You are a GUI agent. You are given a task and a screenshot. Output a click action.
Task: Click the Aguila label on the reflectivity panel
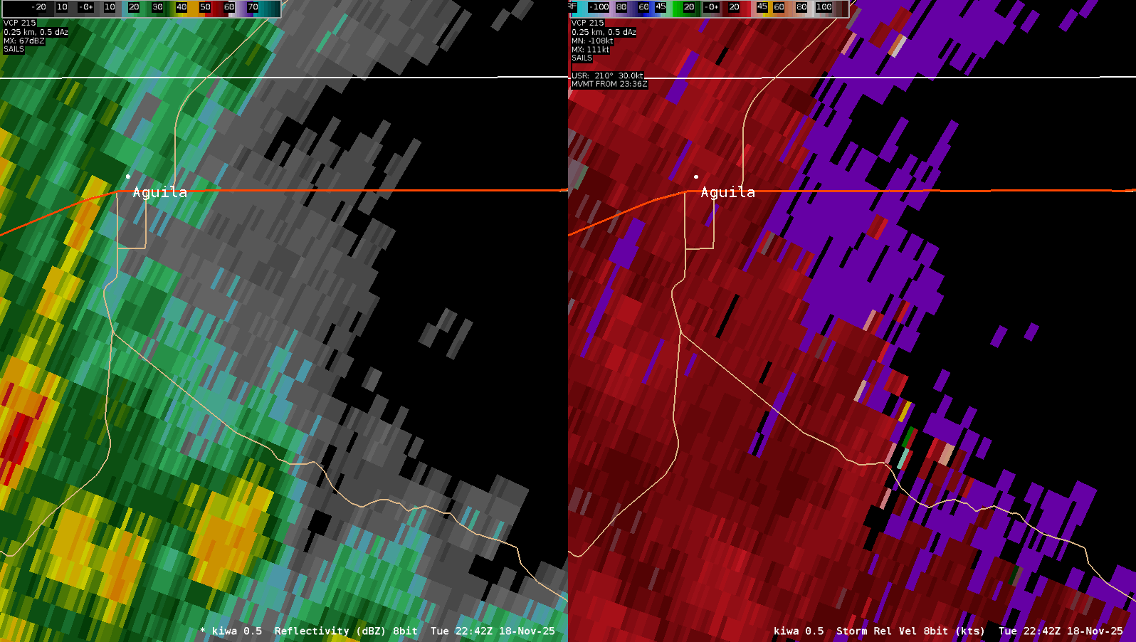coord(159,192)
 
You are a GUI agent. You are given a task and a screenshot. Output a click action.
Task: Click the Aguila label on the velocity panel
coord(727,192)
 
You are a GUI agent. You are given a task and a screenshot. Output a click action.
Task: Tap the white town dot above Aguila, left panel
coord(128,176)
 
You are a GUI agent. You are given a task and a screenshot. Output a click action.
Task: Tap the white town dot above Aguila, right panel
coord(696,177)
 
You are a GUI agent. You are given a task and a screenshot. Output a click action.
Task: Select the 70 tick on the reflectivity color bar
coord(253,7)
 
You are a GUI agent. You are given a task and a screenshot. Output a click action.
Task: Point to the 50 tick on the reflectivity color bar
coord(205,7)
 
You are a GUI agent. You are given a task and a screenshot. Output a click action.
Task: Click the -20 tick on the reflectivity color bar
coord(38,7)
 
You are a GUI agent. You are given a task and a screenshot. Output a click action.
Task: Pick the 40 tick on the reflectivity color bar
coord(182,7)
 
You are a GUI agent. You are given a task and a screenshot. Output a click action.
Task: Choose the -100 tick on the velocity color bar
coord(599,7)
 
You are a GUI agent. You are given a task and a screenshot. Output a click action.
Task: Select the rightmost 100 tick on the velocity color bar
coord(824,7)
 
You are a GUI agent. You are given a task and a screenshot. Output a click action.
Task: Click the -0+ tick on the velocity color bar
coord(711,7)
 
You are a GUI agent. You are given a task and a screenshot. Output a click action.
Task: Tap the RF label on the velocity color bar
coord(572,6)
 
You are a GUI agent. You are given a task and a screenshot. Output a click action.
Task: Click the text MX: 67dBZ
coord(23,41)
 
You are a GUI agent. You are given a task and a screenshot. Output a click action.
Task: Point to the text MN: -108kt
coord(592,41)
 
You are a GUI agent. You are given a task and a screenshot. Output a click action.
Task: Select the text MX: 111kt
coord(590,50)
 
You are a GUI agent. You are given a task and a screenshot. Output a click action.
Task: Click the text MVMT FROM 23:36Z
coord(609,84)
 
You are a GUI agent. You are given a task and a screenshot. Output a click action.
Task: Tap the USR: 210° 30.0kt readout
coord(607,75)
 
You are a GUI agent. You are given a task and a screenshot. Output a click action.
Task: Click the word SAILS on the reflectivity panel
coord(14,50)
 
